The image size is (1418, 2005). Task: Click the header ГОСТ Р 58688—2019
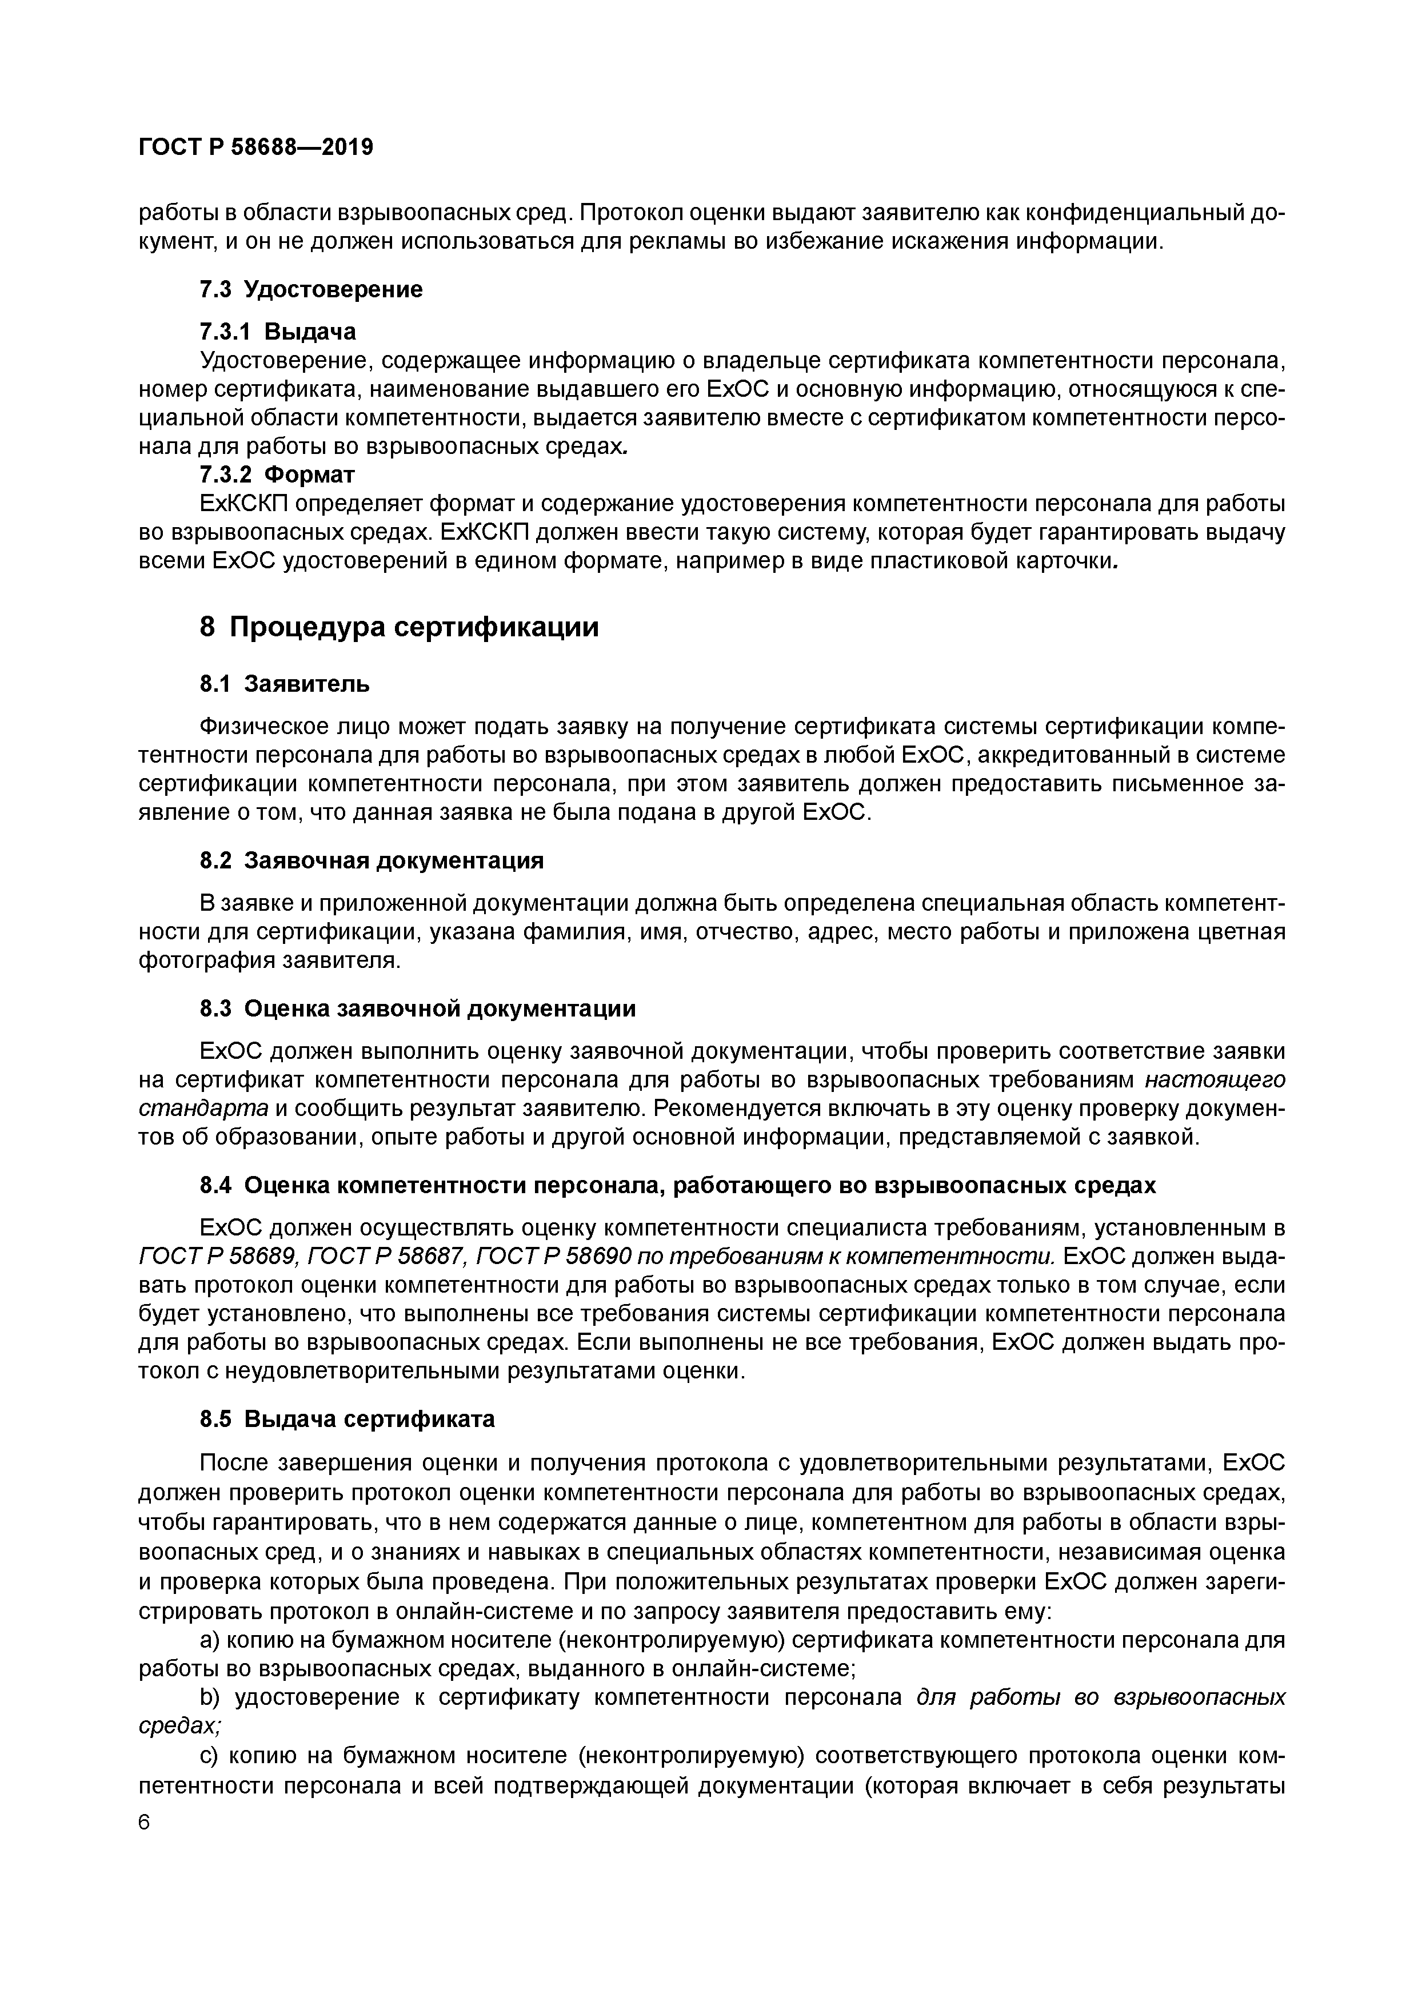pos(256,148)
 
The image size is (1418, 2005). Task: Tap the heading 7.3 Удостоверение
pos(311,289)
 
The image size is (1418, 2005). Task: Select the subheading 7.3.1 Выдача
pos(278,332)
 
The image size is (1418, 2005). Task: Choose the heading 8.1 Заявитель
pos(285,684)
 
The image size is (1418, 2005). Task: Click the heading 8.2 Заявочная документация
pos(371,861)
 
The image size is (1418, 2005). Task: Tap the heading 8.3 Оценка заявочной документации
pos(417,1009)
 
